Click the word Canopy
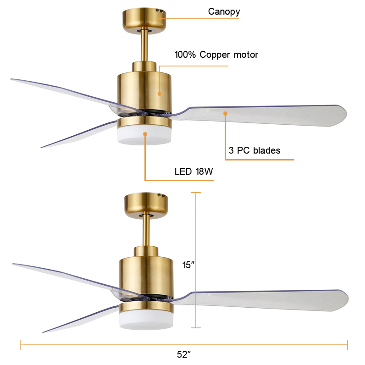point(224,11)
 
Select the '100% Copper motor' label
point(216,55)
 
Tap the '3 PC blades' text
point(254,150)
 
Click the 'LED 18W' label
point(194,172)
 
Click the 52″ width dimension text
point(183,354)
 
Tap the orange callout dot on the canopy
point(160,18)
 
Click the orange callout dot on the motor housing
point(160,94)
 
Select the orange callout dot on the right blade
point(225,113)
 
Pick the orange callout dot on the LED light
point(145,134)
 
